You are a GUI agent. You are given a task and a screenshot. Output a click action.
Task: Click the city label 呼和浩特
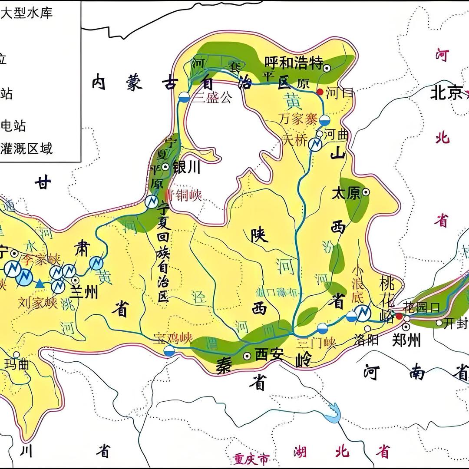coord(294,64)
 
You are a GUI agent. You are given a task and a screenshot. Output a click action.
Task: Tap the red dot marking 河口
coord(320,92)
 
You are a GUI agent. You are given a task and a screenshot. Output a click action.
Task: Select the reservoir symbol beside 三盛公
coord(184,97)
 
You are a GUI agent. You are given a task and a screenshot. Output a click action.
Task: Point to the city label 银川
coord(186,167)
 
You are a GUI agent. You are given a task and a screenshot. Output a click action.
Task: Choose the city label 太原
coord(346,193)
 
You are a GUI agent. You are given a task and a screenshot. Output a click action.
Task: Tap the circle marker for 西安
coord(247,356)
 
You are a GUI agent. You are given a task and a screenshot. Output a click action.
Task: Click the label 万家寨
coord(298,119)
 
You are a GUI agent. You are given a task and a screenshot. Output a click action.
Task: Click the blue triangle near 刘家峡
coord(40,284)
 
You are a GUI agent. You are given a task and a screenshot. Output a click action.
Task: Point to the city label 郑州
coord(406,340)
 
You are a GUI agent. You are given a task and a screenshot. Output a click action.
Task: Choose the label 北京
coord(446,93)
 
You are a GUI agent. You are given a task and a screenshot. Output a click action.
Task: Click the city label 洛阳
coord(366,340)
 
